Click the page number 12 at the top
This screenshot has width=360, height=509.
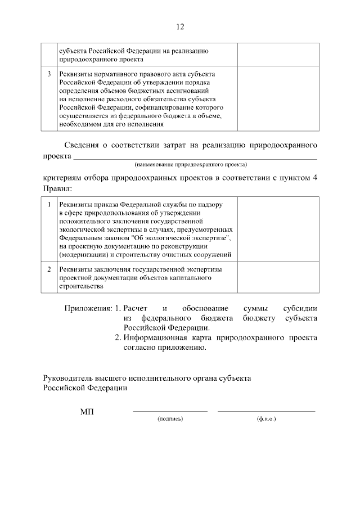180,27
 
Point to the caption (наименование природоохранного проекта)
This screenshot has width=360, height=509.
191,165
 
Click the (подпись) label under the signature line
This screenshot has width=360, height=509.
170,419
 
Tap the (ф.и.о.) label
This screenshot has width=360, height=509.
266,419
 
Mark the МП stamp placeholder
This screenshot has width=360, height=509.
87,412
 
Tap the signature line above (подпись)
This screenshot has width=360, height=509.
170,412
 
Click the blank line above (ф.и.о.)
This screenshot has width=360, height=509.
266,412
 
